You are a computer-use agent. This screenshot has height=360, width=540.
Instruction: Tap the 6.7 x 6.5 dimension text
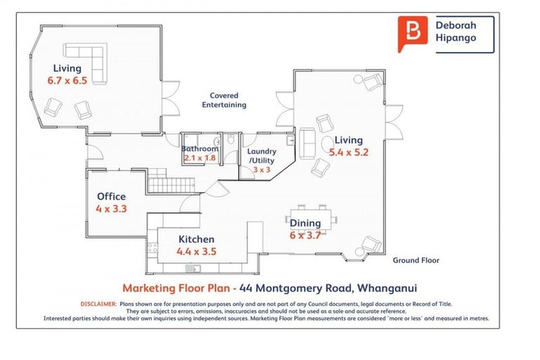[x=67, y=81]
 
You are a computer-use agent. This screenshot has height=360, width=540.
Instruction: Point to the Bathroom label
[x=200, y=148]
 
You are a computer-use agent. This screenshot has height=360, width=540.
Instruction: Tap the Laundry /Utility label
[x=262, y=155]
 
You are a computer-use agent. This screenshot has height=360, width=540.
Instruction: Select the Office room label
[x=112, y=197]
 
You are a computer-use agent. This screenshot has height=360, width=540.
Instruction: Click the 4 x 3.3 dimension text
[x=112, y=208]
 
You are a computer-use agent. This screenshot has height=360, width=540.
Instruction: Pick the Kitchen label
[x=196, y=239]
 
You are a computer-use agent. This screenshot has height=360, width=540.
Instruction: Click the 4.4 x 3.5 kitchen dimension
[x=197, y=251]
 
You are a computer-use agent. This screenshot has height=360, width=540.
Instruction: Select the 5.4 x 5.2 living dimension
[x=349, y=151]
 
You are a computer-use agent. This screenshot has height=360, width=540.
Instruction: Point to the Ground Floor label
[x=416, y=260]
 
